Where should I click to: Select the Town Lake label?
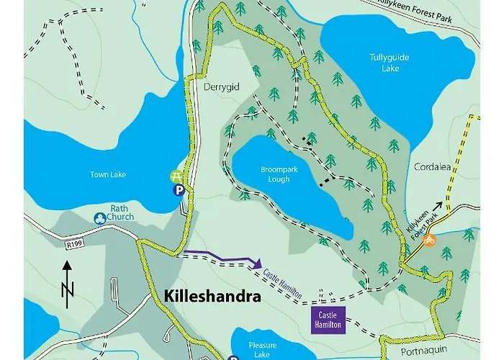[107, 174]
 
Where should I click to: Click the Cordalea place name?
[432, 167]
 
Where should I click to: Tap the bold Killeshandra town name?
[212, 296]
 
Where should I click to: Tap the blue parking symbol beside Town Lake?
[177, 190]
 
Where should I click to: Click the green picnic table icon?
[176, 176]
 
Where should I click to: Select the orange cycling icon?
[430, 239]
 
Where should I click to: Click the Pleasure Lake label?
[262, 350]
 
